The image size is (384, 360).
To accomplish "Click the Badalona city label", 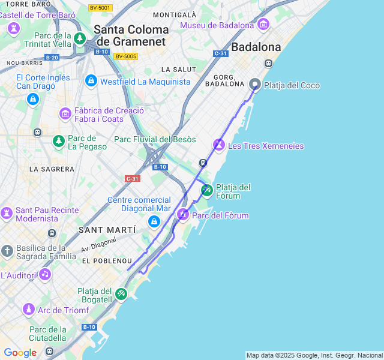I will [x=256, y=47].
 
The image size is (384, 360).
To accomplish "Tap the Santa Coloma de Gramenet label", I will [x=131, y=35].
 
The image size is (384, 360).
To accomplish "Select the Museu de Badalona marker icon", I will [x=263, y=25].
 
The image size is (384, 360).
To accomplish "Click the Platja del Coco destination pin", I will [x=255, y=85].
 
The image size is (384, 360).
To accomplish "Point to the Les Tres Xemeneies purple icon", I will [x=219, y=145].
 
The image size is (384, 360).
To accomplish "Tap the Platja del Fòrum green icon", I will [x=206, y=191].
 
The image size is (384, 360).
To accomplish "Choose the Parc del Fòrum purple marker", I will [x=182, y=215].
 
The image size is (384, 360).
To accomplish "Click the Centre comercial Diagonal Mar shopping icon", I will [x=154, y=222].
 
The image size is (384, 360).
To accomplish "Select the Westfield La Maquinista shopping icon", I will [x=91, y=80].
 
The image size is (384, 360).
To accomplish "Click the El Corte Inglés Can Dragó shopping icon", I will [x=33, y=98].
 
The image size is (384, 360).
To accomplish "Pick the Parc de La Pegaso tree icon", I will [x=58, y=142].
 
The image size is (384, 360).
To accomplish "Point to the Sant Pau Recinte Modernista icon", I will [x=7, y=213].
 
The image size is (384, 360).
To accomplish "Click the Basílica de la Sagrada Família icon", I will [x=7, y=251].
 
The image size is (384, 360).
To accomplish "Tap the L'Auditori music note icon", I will [x=44, y=275].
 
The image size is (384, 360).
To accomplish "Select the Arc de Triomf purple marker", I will [x=28, y=310].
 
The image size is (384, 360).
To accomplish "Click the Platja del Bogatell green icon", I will [x=121, y=293].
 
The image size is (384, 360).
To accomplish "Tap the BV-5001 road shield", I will [x=100, y=7].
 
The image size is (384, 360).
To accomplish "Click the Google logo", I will [x=20, y=353].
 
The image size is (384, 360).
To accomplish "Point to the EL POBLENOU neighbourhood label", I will [x=107, y=261].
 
